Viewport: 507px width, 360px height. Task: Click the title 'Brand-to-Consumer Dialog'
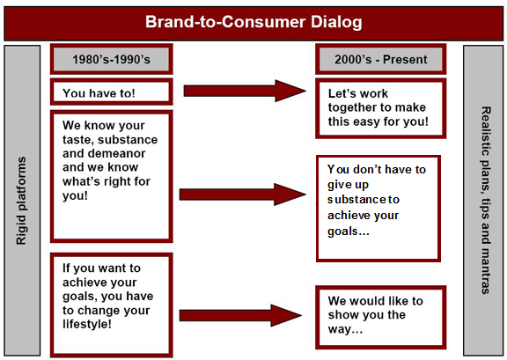pos(253,22)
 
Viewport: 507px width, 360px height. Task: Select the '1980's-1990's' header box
pos(112,59)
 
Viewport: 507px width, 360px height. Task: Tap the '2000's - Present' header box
pos(380,59)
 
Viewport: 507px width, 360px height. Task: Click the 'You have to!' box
pos(112,92)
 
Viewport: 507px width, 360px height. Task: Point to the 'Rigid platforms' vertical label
pos(21,201)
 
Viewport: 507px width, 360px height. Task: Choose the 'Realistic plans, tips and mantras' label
pos(486,201)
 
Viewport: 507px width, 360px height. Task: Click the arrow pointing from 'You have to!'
pos(245,91)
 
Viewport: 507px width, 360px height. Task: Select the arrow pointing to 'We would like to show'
pos(240,315)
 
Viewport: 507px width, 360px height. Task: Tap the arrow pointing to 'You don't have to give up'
pos(243,195)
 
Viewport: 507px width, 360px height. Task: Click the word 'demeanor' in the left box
pos(104,153)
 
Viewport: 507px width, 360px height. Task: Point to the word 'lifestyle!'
pos(86,324)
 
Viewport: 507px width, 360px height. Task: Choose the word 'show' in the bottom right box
pos(343,314)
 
